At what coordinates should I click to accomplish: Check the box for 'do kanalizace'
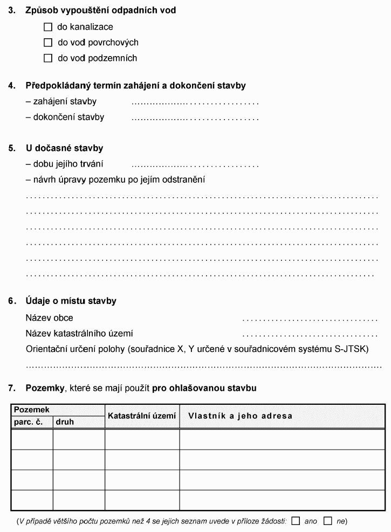[48, 26]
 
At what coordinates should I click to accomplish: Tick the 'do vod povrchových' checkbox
[48, 42]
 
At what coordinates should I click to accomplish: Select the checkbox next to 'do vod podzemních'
[48, 58]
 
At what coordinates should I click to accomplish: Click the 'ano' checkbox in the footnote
[296, 521]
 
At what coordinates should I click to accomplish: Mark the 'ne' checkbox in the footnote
[328, 521]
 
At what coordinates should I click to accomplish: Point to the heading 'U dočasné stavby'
[64, 148]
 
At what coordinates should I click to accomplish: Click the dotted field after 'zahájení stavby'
[195, 102]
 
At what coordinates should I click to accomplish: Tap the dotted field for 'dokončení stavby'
[195, 118]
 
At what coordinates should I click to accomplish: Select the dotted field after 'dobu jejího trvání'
[195, 164]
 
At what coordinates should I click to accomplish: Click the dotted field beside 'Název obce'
[310, 319]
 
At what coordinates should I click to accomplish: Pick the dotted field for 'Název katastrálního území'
[310, 334]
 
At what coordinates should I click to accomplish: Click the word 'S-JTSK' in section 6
[352, 349]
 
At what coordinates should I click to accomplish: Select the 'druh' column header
[65, 422]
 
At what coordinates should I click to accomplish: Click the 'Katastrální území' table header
[142, 416]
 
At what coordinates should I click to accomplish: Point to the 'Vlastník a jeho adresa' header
[240, 416]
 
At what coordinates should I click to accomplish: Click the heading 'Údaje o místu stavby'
[71, 301]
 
